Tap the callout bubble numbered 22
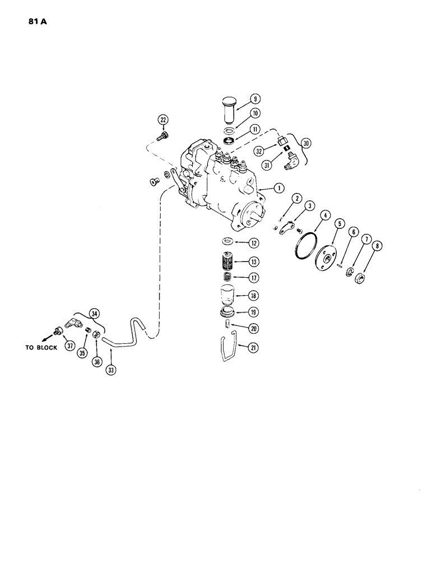tap(163, 119)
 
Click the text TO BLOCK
tap(40, 347)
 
